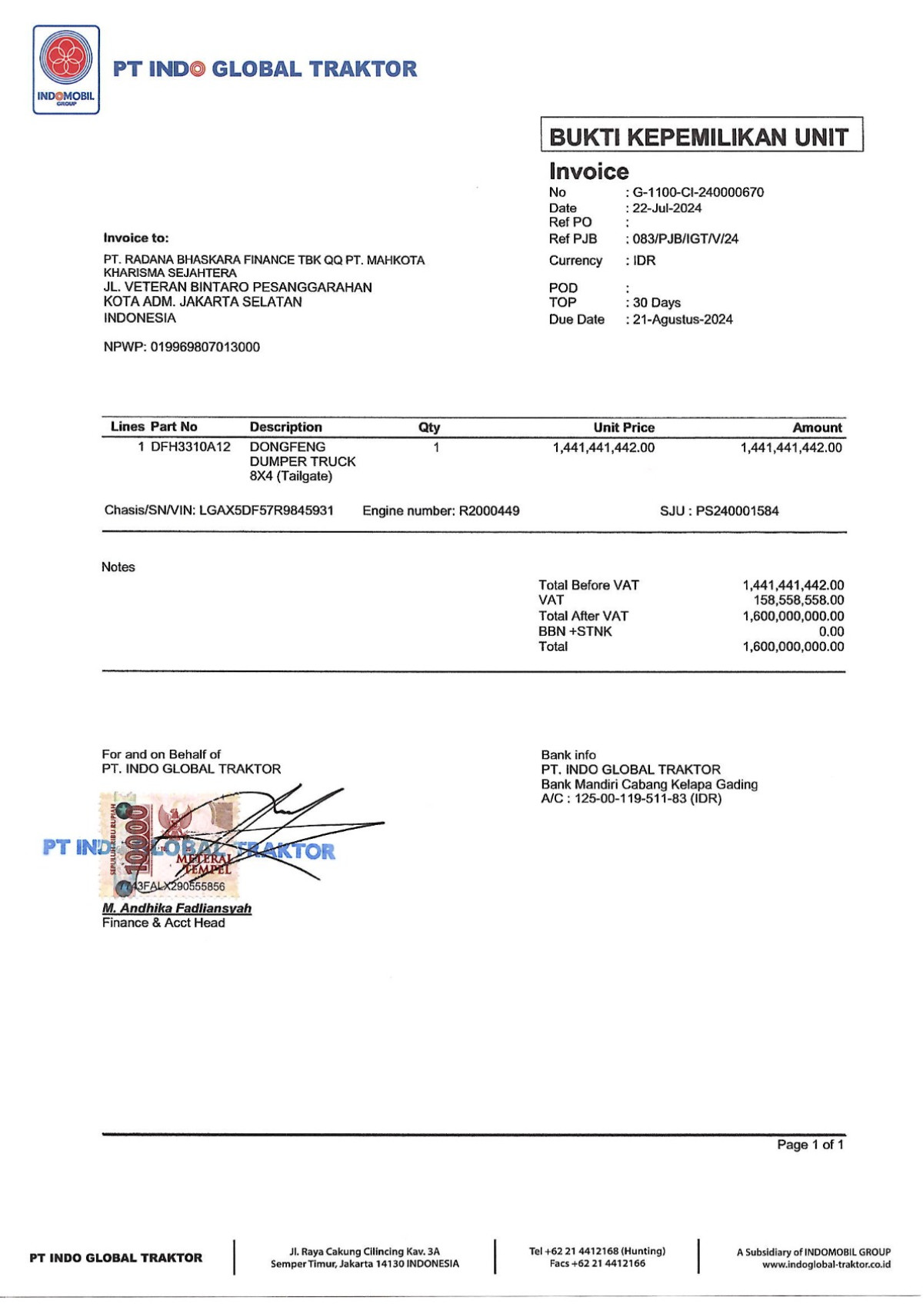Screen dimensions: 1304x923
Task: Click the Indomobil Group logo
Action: pyautogui.click(x=66, y=70)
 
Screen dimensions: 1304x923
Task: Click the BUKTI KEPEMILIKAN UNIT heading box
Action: pyautogui.click(x=701, y=136)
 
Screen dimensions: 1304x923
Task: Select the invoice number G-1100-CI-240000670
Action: pyautogui.click(x=698, y=192)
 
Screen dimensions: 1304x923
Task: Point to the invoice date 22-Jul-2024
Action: pyautogui.click(x=667, y=208)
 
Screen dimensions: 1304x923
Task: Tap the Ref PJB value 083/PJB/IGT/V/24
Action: pyautogui.click(x=685, y=239)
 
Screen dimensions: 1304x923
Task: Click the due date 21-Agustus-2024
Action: pyautogui.click(x=682, y=319)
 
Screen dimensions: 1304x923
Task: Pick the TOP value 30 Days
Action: pyautogui.click(x=657, y=303)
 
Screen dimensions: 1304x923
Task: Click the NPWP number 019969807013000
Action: pyautogui.click(x=205, y=347)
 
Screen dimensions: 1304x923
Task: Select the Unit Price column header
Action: pyautogui.click(x=624, y=427)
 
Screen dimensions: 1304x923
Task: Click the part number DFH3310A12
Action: pyautogui.click(x=191, y=447)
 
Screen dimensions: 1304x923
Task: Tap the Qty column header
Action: pyautogui.click(x=429, y=427)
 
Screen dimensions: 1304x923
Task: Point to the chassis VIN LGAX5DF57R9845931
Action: pyautogui.click(x=266, y=510)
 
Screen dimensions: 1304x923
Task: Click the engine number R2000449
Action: pyautogui.click(x=489, y=511)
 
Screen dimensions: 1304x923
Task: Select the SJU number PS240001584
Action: pyautogui.click(x=737, y=511)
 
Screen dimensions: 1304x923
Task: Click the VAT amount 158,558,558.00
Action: pyautogui.click(x=798, y=600)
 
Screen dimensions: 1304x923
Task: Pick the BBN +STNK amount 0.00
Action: pyautogui.click(x=831, y=631)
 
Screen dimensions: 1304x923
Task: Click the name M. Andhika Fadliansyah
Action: pyautogui.click(x=177, y=908)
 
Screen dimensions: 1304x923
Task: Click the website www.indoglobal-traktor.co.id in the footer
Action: pyautogui.click(x=826, y=1264)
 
